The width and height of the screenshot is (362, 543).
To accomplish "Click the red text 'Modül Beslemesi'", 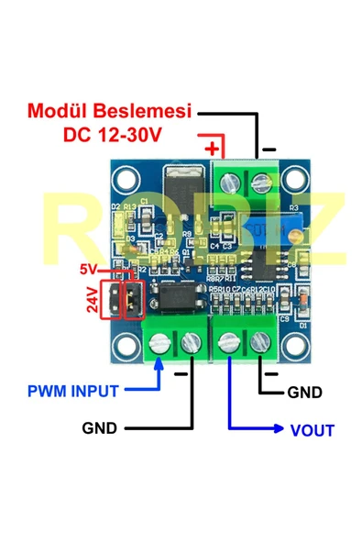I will (108, 111).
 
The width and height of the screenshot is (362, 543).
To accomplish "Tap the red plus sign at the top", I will (213, 147).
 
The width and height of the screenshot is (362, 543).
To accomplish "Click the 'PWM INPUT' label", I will (72, 391).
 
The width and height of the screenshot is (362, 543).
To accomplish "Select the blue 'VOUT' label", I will (312, 429).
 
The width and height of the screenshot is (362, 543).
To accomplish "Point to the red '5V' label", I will (88, 271).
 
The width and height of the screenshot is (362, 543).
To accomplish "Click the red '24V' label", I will (93, 301).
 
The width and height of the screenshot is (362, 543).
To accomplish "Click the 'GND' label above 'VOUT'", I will (305, 393).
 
